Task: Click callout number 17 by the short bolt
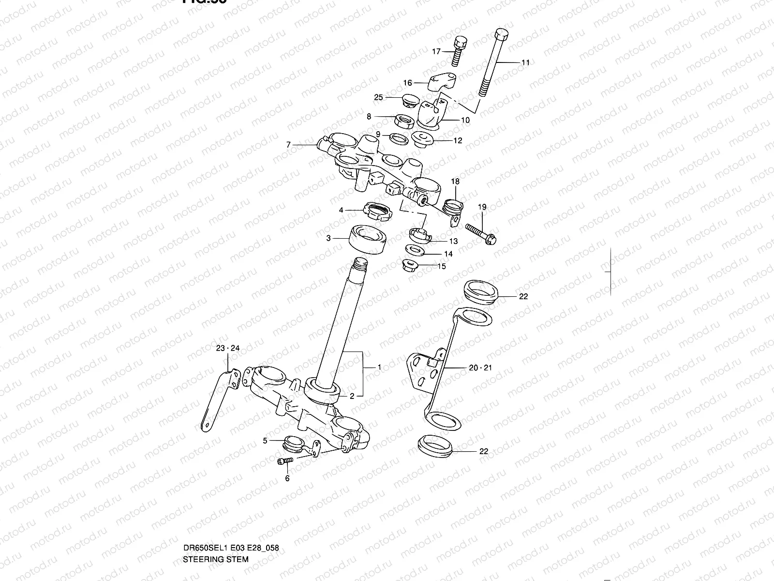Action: pos(436,51)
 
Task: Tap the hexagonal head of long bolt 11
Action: pos(501,36)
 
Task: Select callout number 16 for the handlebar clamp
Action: pos(407,83)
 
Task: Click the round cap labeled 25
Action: pos(410,102)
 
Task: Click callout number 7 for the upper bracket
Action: pos(288,144)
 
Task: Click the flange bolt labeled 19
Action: pos(481,232)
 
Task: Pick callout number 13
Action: pos(453,241)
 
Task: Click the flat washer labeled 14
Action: pos(414,250)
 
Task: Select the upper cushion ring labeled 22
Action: pos(481,292)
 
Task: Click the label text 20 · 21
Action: pos(480,368)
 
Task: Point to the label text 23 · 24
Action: pos(228,348)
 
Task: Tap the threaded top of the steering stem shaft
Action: pos(361,265)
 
